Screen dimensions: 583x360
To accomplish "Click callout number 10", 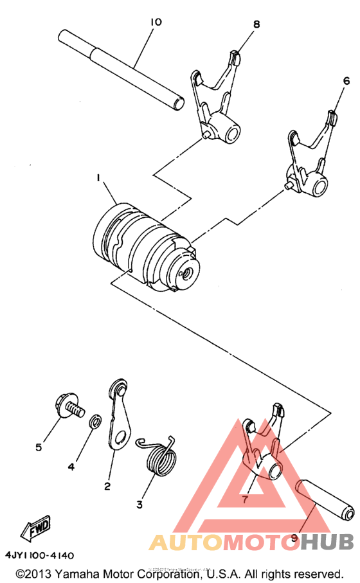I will [x=156, y=22].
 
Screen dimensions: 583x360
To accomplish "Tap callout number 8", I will [x=256, y=24].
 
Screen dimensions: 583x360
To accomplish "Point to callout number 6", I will [x=346, y=81].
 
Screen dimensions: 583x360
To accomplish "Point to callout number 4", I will [x=71, y=467].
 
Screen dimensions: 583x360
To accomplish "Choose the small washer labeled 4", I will [x=94, y=422].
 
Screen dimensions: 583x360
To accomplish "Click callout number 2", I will [x=107, y=486].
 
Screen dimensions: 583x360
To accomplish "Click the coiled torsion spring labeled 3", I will [x=158, y=459].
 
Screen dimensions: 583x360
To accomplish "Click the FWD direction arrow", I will [x=36, y=528].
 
